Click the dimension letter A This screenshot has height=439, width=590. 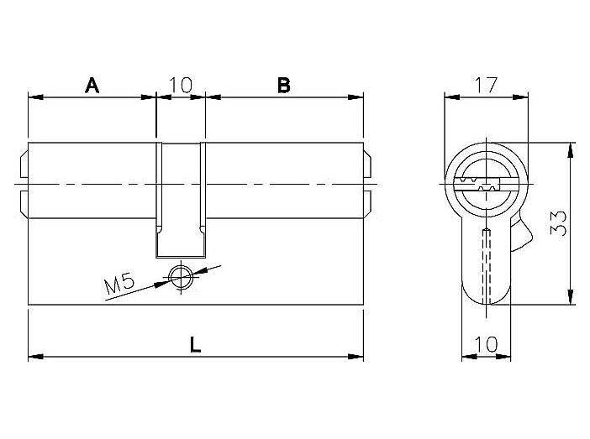(92, 86)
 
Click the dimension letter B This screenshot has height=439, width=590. (284, 86)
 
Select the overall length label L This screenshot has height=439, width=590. (195, 344)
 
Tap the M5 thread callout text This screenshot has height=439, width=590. (119, 284)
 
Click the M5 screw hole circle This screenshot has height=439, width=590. (181, 277)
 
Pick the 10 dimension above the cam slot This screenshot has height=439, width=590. (181, 85)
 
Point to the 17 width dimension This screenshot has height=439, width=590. (486, 85)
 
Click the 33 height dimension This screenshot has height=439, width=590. (558, 223)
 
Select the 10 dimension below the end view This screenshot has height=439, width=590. (486, 344)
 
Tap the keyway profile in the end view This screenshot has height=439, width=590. (478, 184)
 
